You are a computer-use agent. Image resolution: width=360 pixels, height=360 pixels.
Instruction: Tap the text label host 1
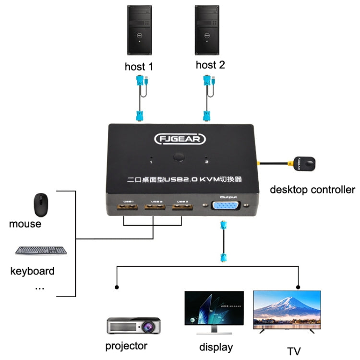pyautogui.click(x=142, y=67)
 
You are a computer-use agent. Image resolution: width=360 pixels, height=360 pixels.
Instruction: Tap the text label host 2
pyautogui.click(x=210, y=65)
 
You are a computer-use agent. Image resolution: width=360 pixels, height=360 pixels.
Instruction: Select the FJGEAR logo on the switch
pyautogui.click(x=180, y=139)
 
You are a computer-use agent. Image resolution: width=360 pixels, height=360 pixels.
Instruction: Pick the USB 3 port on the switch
pyautogui.click(x=181, y=209)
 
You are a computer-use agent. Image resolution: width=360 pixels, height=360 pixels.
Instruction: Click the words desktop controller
pyautogui.click(x=312, y=189)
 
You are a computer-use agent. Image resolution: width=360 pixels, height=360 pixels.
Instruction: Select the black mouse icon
pyautogui.click(x=41, y=205)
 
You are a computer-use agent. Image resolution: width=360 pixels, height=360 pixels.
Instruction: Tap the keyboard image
pyautogui.click(x=41, y=250)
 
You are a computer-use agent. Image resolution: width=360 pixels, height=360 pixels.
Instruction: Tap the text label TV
pyautogui.click(x=294, y=350)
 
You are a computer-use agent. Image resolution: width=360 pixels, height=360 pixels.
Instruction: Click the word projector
pyautogui.click(x=126, y=346)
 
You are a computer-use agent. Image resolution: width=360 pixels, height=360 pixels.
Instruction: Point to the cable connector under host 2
pyautogui.click(x=206, y=115)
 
